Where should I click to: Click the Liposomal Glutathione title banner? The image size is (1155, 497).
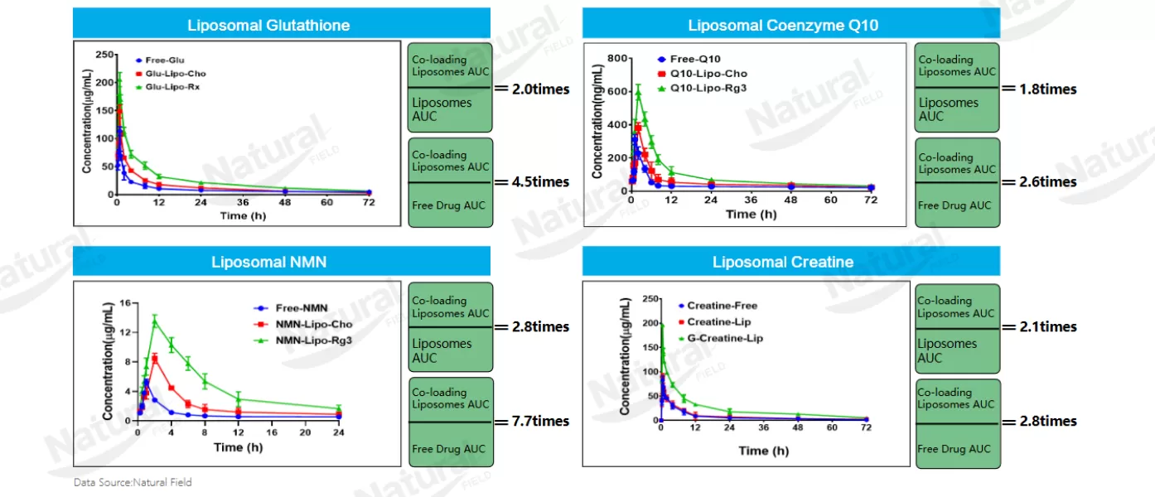coord(281,25)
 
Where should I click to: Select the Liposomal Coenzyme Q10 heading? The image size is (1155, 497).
coord(783,25)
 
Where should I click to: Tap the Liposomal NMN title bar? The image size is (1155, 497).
coord(281,263)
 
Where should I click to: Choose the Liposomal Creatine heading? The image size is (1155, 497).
coord(783,263)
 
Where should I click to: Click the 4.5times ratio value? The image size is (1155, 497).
coord(533,182)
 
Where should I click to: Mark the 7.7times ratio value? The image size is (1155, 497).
coord(533,421)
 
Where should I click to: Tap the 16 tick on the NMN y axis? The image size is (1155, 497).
coord(125,303)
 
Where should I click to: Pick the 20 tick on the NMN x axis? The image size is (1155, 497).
coord(305,433)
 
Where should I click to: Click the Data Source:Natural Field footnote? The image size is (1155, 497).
coord(133,482)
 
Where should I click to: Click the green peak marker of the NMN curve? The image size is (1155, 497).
coord(154,321)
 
